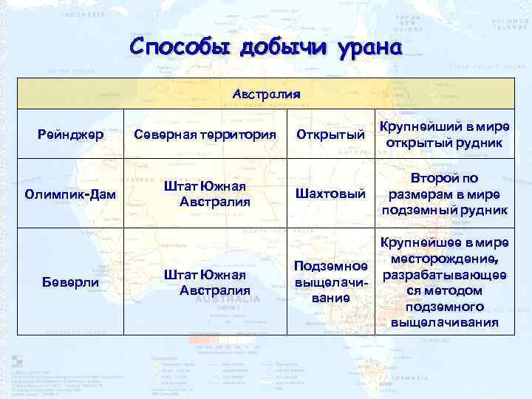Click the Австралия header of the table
tap(266, 95)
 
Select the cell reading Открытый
tap(330, 134)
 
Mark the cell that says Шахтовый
tap(330, 194)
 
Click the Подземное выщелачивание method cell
tap(330, 282)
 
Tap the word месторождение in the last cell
tap(445, 258)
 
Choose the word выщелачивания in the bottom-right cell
tap(445, 323)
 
